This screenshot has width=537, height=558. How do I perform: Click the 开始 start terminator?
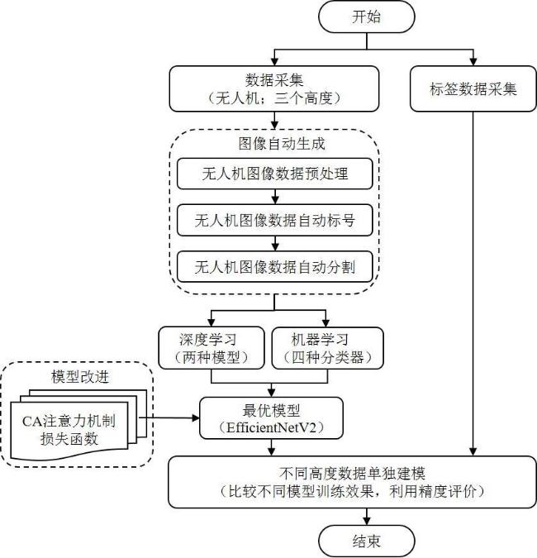366,17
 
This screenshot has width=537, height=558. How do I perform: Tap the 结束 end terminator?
366,541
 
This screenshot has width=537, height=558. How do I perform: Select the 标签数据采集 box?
473,89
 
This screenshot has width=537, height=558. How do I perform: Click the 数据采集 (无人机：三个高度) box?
274,89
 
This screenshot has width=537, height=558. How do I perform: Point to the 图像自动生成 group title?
282,144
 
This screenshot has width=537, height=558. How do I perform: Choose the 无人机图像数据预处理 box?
274,174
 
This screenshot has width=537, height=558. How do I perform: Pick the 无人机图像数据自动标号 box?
274,220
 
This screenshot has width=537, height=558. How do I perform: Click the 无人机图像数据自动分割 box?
274,267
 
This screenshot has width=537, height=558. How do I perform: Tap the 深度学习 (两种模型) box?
211,348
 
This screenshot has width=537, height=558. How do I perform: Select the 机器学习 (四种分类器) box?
327,348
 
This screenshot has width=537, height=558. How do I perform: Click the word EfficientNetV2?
271,427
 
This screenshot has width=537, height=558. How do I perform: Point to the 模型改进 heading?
80,376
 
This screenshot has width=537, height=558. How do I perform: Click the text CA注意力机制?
69,422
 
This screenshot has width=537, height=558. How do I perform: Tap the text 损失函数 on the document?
69,438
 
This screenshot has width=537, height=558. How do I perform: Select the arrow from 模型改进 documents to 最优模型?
169,417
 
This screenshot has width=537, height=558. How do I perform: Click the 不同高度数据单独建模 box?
352,482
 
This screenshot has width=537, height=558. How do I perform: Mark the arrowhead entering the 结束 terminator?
367,521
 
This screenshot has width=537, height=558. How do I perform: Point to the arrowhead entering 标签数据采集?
473,62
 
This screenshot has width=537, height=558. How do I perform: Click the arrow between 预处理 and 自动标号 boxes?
275,197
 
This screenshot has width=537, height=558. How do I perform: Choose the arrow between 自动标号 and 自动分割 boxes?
275,243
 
